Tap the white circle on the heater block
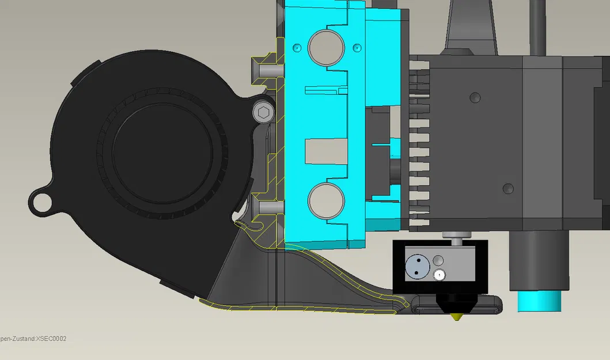(440, 275)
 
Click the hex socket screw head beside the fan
(264, 112)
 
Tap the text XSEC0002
(51, 339)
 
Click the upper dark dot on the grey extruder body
(475, 97)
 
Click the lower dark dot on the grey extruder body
(507, 188)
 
